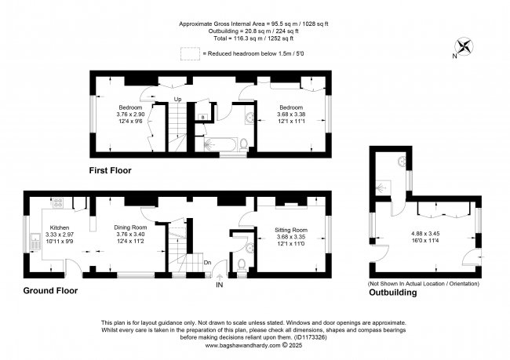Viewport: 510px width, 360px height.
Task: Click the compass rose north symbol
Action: pos(464,48)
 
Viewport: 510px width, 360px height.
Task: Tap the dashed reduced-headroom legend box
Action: pos(188,53)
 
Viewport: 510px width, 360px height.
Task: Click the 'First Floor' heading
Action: pos(110,170)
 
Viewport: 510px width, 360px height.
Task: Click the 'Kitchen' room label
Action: pos(60,225)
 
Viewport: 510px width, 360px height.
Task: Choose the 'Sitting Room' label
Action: pos(291,230)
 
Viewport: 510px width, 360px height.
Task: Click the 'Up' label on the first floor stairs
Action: pos(177,100)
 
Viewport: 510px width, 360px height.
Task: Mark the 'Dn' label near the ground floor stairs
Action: pos(208,264)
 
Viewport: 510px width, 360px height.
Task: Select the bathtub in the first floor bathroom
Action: pos(217,144)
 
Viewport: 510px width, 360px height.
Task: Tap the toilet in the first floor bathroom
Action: pos(243,144)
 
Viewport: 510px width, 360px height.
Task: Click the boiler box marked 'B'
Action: pos(202,117)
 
